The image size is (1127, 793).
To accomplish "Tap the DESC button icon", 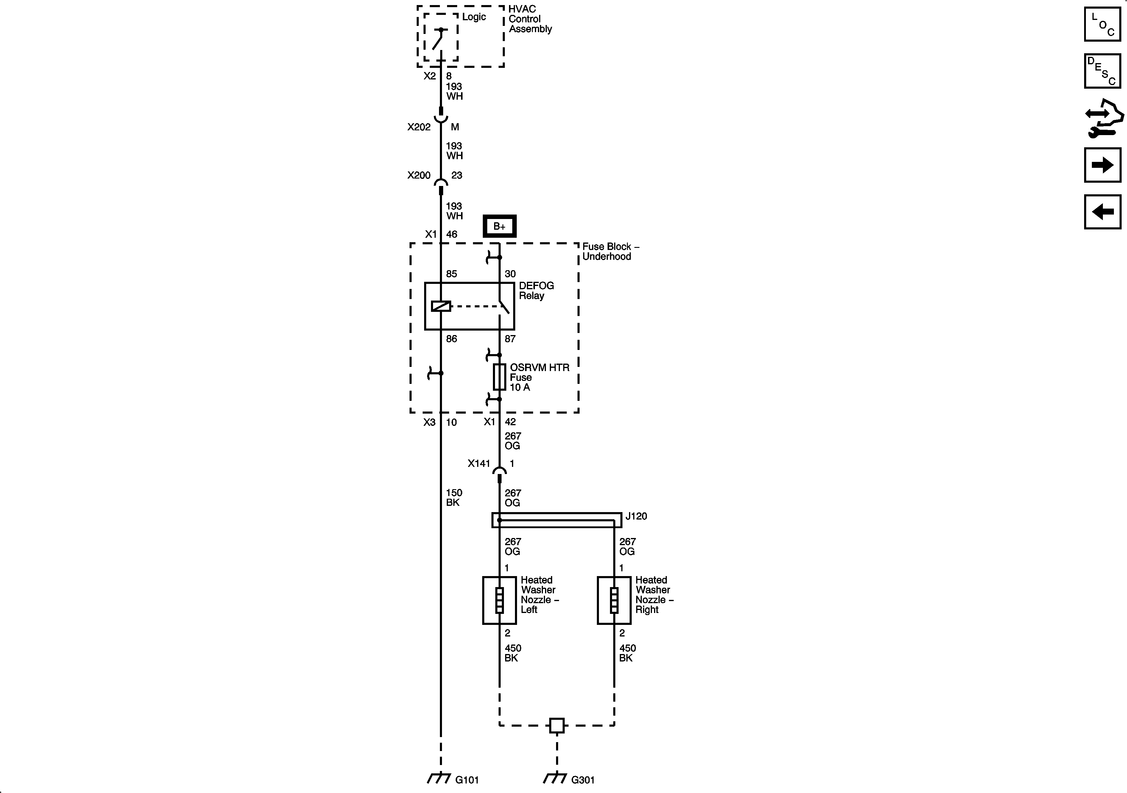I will (1103, 71).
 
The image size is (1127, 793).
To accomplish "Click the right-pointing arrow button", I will (1103, 165).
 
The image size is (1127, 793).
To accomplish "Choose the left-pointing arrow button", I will (1103, 212).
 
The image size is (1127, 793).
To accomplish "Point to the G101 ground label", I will (466, 779).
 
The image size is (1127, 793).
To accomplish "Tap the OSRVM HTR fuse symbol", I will (499, 377).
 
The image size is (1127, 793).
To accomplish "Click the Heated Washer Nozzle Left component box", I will (499, 600).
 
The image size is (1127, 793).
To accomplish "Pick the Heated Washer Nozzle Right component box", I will (614, 600).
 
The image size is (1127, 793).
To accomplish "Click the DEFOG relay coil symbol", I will (441, 306).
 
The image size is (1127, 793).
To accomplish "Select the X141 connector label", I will (479, 463).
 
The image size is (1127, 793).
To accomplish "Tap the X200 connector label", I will (419, 175).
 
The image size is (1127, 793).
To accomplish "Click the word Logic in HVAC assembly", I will (474, 17).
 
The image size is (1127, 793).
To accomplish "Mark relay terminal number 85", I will (451, 274).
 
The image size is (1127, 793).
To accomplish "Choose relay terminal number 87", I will (510, 338).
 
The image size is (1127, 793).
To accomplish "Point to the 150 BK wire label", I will (454, 497).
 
